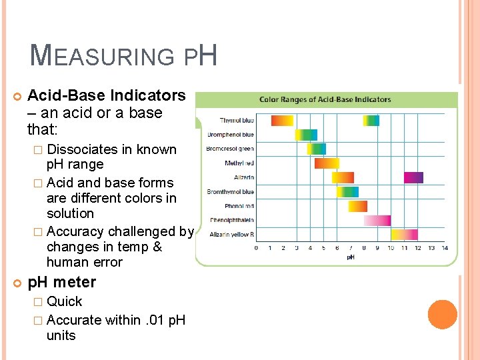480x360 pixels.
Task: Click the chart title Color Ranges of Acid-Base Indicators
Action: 325,99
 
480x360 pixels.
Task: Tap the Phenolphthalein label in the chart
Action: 231,220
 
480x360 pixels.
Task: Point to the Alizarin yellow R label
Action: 231,235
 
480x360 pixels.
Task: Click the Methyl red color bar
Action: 327,163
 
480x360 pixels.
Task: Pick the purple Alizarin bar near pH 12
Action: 413,177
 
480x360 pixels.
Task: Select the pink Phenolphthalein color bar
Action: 377,220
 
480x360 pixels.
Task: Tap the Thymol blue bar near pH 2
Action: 282,121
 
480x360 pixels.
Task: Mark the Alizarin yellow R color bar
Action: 404,235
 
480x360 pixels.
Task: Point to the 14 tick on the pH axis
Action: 445,248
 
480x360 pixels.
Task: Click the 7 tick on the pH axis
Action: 351,248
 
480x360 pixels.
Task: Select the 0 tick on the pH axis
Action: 257,248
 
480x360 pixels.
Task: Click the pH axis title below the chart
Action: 351,257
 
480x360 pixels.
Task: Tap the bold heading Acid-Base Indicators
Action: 107,95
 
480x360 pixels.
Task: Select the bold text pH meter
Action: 61,282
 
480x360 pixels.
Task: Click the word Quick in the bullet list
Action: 64,301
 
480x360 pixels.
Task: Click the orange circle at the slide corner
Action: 443,315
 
